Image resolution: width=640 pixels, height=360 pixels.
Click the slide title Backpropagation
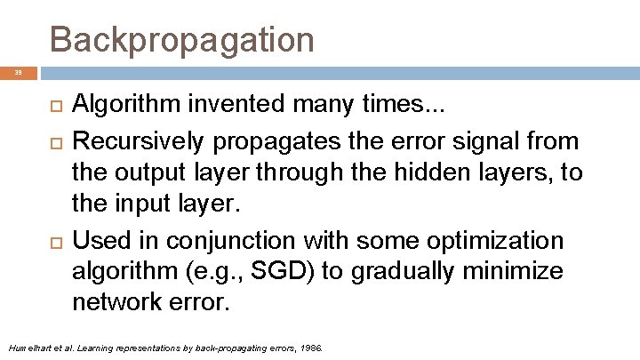[x=181, y=40]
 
